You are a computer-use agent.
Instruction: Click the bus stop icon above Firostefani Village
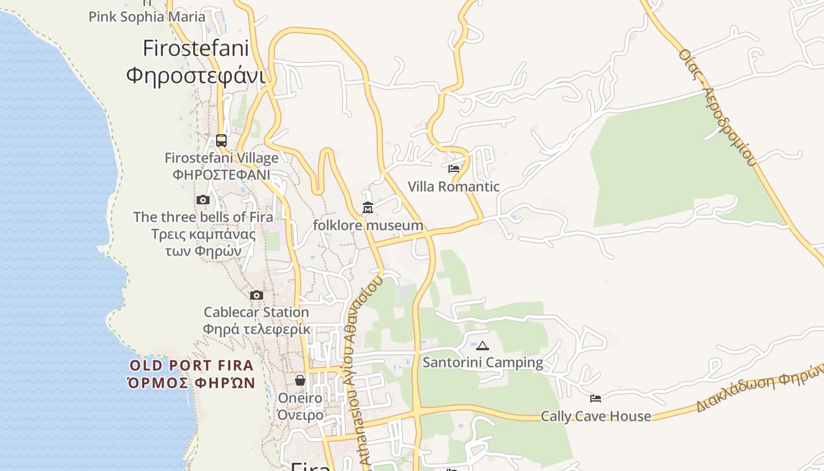coord(221,141)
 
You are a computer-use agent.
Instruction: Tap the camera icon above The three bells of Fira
coord(203,200)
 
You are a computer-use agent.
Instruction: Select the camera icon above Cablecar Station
coord(257,295)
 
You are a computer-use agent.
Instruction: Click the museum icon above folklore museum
coord(368,208)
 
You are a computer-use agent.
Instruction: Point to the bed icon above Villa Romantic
coord(454,169)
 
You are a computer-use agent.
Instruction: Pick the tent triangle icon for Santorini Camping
coord(483,346)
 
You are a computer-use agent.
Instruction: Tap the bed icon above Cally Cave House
coord(596,399)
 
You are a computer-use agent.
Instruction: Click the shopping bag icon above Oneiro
coord(300,380)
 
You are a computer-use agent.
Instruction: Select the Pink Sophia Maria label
coord(147,16)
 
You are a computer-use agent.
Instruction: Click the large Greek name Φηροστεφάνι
coord(195,75)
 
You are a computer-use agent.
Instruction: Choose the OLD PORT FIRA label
coord(191,366)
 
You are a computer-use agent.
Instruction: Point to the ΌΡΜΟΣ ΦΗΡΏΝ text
coord(191,383)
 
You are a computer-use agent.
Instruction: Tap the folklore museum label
coord(368,225)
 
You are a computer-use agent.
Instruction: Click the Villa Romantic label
coord(454,187)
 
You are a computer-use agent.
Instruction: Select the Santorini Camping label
coord(483,362)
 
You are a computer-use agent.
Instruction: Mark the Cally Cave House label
coord(596,416)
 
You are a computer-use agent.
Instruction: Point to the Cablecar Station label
coord(256,312)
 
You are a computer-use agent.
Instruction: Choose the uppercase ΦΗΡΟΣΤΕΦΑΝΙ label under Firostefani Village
coord(221,175)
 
